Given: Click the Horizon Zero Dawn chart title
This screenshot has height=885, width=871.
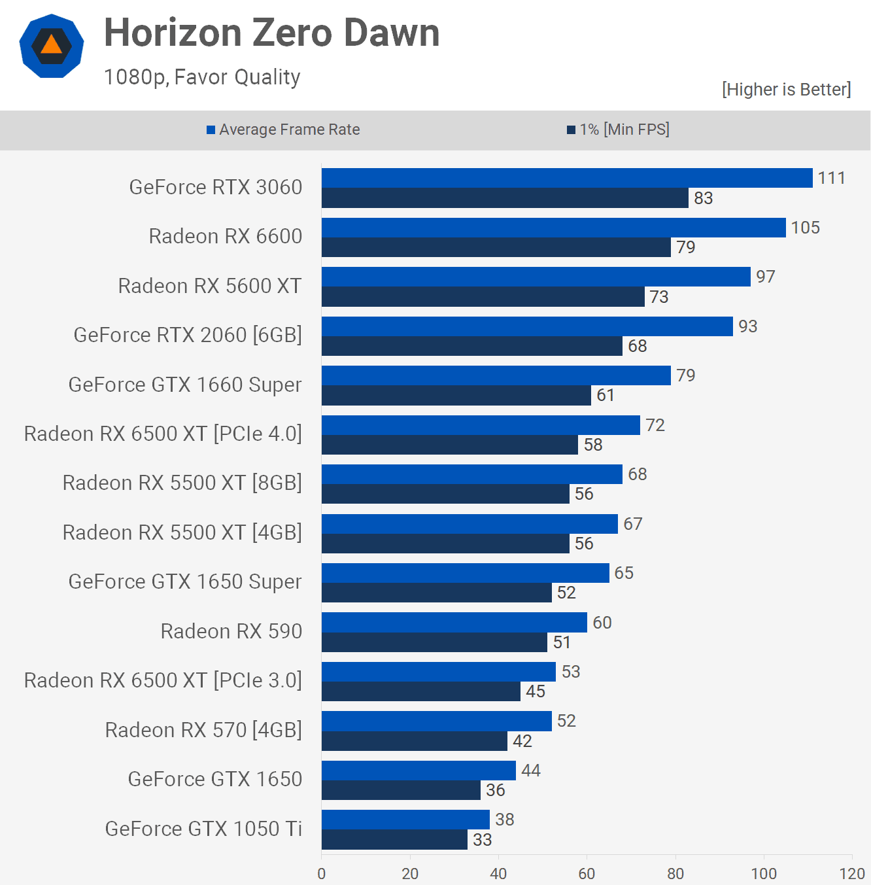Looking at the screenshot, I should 271,33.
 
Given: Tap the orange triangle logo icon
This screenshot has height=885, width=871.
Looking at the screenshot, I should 51,45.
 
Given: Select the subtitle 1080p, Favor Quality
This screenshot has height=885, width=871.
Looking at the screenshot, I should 202,77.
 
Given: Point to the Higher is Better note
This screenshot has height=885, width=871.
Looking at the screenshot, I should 786,89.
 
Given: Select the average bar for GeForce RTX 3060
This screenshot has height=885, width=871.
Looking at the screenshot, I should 566,178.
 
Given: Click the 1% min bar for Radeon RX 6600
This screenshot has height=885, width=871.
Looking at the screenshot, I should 496,247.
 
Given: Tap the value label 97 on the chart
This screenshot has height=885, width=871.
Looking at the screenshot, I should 765,277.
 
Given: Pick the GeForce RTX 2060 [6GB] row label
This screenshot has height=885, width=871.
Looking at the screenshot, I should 188,335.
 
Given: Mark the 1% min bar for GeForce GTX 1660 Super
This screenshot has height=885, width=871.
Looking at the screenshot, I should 456,395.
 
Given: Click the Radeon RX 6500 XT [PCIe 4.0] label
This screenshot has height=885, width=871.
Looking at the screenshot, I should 163,434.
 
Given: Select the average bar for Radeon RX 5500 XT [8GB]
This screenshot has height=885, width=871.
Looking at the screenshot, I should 471,474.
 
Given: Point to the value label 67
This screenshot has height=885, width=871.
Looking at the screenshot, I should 632,524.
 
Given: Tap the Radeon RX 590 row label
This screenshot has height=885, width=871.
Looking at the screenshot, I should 231,631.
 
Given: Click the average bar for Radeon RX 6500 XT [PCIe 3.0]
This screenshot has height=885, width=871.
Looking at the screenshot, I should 438,672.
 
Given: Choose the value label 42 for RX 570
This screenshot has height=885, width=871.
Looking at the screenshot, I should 522,741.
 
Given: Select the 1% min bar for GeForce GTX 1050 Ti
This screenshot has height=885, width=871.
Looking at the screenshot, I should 394,840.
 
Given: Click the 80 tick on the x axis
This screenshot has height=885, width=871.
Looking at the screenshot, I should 675,873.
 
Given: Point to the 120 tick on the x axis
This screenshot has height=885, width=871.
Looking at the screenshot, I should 851,873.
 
